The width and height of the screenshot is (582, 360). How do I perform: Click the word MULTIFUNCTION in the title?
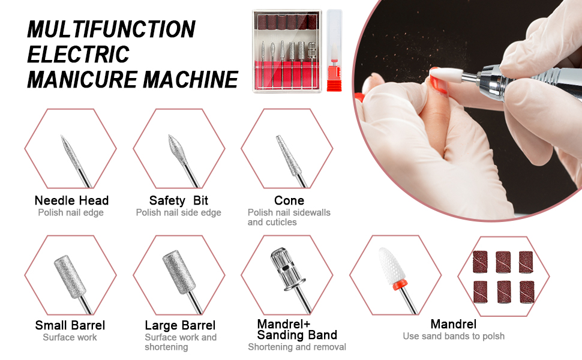coord(112,29)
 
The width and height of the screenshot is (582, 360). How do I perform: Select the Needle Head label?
coord(71,200)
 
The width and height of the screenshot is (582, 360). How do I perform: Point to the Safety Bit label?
coord(178,200)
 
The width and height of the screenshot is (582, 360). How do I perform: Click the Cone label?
coord(289,200)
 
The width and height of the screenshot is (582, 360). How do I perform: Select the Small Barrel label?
coord(70,325)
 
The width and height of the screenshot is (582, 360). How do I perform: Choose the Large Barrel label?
coord(180,325)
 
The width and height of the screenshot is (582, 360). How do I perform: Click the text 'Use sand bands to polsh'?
coord(454,336)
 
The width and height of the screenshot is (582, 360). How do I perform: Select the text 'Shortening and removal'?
coord(297,347)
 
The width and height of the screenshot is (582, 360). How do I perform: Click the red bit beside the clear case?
coord(334,51)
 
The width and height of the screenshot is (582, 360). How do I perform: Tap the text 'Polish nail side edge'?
coord(178,212)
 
